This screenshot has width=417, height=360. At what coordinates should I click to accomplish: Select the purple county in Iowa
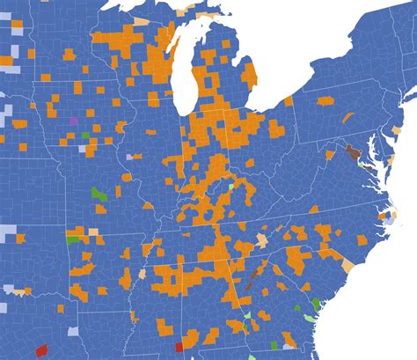click(x=73, y=120)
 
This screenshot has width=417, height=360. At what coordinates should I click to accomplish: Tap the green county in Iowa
click(x=85, y=136)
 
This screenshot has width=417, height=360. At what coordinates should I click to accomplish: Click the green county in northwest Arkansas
click(x=73, y=239)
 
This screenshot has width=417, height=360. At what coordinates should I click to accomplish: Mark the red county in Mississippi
click(x=179, y=347)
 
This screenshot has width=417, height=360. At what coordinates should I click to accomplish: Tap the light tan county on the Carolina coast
click(x=347, y=265)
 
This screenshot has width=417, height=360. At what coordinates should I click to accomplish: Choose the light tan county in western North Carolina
click(x=262, y=240)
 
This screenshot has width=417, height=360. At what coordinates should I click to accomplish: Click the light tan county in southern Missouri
click(x=93, y=233)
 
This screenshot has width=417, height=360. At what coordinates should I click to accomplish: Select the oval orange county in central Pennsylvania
click(x=326, y=101)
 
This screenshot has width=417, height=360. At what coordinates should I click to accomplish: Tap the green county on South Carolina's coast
click(x=316, y=304)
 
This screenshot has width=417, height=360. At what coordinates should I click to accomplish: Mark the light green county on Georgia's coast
click(x=309, y=318)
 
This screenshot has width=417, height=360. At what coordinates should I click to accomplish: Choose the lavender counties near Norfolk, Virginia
click(x=387, y=220)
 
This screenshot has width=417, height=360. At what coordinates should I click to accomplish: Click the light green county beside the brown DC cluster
click(x=362, y=165)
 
